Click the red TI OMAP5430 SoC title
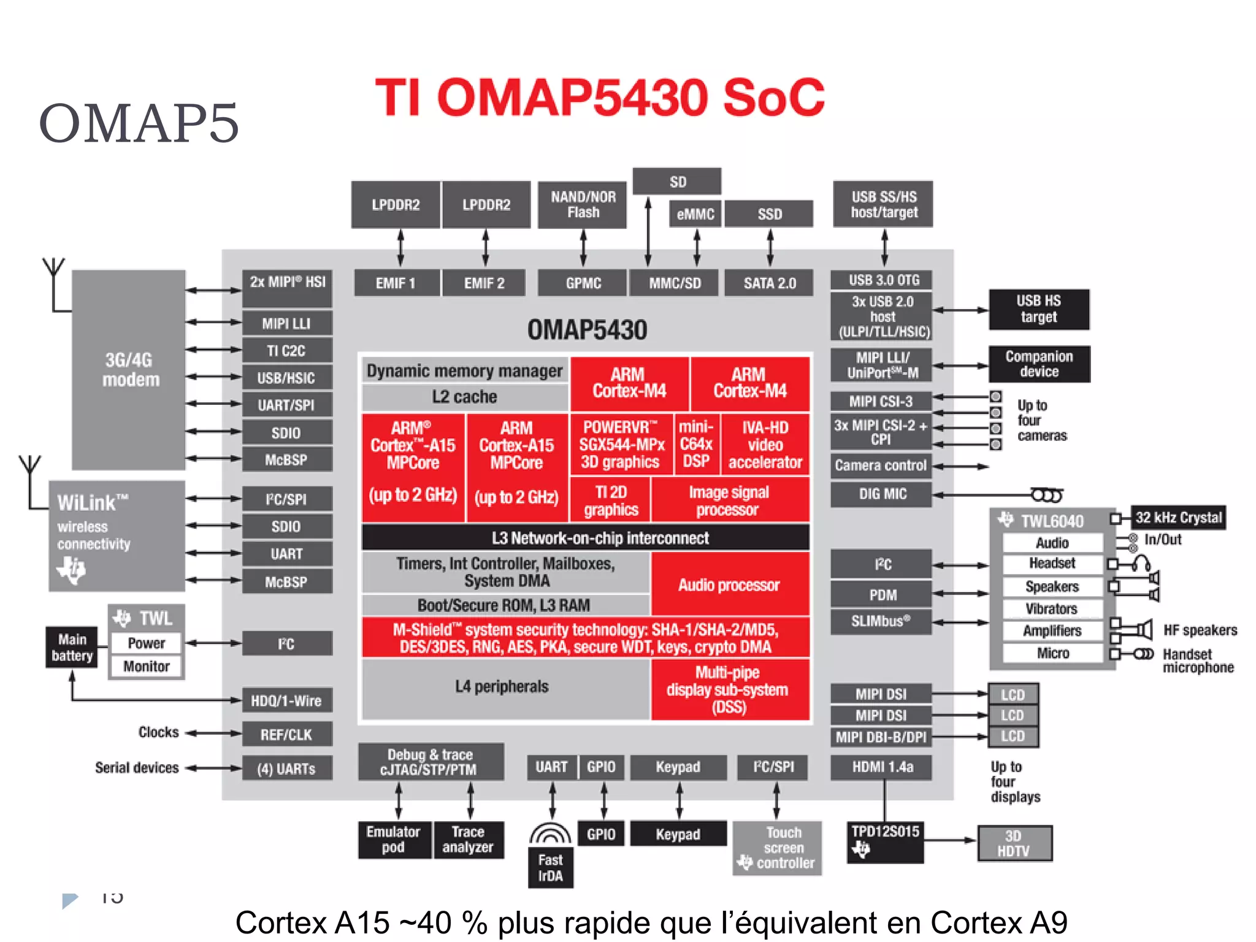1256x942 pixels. point(600,98)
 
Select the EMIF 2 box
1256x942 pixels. point(484,283)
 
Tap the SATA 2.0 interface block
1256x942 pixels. point(769,283)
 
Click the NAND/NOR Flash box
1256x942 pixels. point(583,205)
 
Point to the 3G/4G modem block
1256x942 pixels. point(129,370)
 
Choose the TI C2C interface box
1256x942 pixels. point(286,351)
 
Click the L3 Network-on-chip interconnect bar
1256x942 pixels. point(586,538)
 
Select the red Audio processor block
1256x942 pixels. point(730,584)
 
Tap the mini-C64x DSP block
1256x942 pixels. point(696,444)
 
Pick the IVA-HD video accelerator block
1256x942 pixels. point(765,445)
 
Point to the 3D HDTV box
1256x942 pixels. point(1014,843)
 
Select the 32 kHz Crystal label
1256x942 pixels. point(1178,518)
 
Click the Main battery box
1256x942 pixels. point(72,648)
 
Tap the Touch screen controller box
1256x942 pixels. point(778,848)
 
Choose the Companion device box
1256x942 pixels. point(1039,364)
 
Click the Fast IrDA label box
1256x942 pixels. point(550,868)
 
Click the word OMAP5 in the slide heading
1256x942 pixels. point(139,124)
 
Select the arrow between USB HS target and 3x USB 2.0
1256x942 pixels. point(960,310)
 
